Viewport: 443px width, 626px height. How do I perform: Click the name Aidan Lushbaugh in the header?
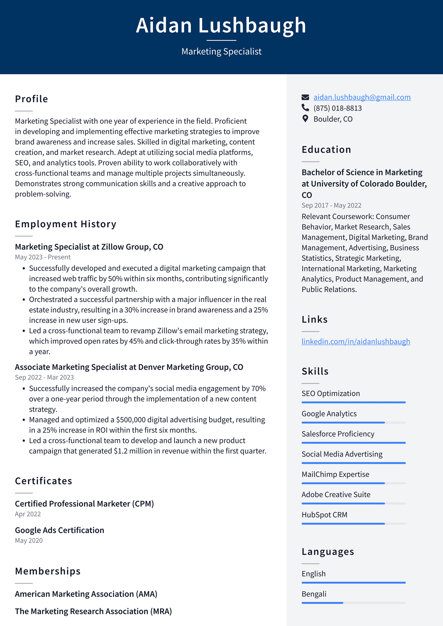221,25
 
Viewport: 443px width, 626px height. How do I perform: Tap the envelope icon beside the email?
305,97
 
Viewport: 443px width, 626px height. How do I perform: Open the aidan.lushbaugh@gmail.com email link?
362,97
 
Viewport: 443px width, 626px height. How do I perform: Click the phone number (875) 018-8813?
338,108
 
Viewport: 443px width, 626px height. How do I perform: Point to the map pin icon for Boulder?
305,119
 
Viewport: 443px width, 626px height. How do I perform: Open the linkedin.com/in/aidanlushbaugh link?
356,341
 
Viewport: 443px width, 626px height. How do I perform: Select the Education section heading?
326,150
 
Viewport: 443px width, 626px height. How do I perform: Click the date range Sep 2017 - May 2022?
331,205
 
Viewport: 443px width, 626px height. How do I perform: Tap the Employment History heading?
66,224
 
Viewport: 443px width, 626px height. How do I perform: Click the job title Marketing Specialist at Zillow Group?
89,247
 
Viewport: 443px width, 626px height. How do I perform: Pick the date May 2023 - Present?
43,257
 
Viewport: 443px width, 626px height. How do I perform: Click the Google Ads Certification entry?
60,530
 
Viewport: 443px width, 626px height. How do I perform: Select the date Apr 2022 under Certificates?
28,514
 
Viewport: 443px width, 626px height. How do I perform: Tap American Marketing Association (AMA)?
86,594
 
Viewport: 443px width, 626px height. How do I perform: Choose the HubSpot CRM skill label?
324,515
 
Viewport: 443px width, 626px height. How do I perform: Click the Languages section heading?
328,552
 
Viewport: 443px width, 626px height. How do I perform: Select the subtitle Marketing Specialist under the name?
221,51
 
